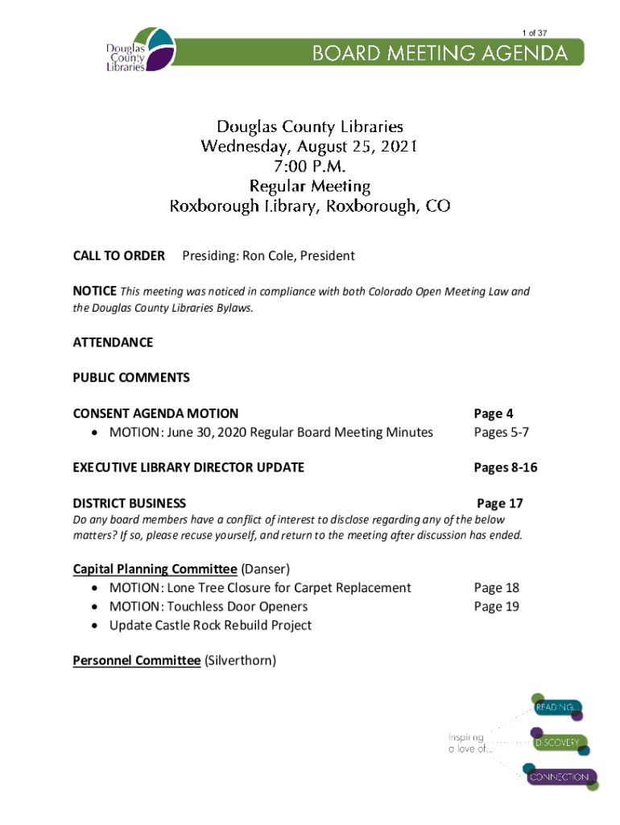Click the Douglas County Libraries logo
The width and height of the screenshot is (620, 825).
pos(139,50)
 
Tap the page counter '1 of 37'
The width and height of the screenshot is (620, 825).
pos(535,33)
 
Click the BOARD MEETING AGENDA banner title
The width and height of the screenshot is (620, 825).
pos(440,54)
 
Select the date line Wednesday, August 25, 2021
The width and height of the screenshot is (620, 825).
pos(309,147)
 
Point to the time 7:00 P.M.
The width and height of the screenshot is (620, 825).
pos(309,167)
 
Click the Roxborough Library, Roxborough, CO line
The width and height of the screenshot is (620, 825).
pos(309,206)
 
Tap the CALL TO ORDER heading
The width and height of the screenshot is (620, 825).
pos(118,256)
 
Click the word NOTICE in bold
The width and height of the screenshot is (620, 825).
pos(94,292)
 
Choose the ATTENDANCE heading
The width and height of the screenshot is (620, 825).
pos(113,342)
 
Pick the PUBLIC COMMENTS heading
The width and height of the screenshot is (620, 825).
pos(131,378)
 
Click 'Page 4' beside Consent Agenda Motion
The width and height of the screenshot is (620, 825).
pos(494,414)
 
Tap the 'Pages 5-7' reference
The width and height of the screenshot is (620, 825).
pos(501,433)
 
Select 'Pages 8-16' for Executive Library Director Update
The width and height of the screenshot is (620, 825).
pos(505,468)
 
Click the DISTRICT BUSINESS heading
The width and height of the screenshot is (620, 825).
pos(129,504)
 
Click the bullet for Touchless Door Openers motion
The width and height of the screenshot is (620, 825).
pos(96,607)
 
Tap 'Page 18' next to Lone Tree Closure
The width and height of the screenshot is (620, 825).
pos(496,588)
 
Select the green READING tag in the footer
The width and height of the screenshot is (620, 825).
pos(555,707)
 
